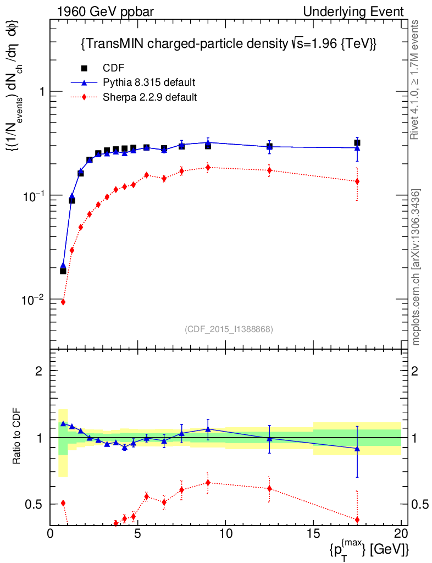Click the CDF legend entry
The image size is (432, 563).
click(x=113, y=68)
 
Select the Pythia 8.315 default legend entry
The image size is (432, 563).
click(x=148, y=82)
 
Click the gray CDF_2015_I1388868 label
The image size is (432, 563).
click(x=229, y=329)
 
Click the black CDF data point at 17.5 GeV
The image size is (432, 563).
click(x=357, y=142)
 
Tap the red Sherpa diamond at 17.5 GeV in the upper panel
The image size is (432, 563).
click(x=357, y=181)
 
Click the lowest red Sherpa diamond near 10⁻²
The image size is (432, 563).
click(x=63, y=302)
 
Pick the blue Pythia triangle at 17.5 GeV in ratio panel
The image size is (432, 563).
click(x=357, y=449)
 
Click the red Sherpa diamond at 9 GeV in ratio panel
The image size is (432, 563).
click(x=208, y=483)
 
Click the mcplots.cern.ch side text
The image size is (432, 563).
click(x=416, y=267)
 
